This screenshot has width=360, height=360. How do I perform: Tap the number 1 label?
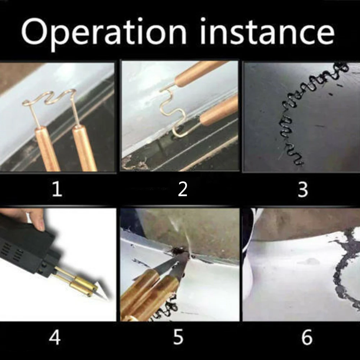pyautogui.click(x=57, y=189)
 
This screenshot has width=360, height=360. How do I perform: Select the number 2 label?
pyautogui.click(x=183, y=189)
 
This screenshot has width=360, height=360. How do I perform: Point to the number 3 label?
pyautogui.click(x=303, y=189)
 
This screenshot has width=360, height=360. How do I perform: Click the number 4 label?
pyautogui.click(x=55, y=338)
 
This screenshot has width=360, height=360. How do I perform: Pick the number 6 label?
pyautogui.click(x=306, y=338)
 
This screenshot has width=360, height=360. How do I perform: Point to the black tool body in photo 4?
pyautogui.click(x=25, y=245)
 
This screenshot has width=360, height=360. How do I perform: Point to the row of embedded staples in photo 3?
pyautogui.click(x=295, y=119)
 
